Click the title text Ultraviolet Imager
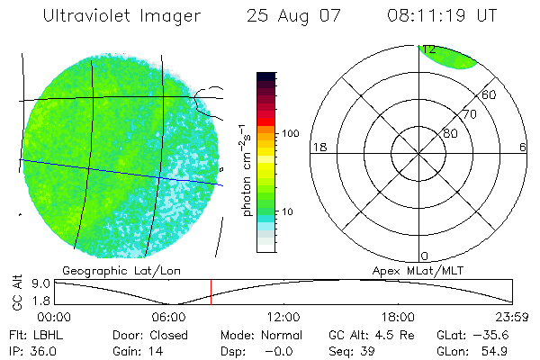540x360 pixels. (121, 16)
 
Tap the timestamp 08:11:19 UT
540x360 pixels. (442, 16)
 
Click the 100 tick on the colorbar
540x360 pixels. (291, 133)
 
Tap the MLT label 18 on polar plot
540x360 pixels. (318, 147)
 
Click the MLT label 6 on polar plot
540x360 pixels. (523, 147)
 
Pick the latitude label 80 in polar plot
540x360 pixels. (450, 133)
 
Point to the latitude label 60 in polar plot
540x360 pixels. (490, 94)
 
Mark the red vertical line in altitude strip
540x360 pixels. (211, 292)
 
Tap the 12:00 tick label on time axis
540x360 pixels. (283, 316)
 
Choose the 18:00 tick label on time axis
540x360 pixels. (398, 316)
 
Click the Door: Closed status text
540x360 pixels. (149, 333)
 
